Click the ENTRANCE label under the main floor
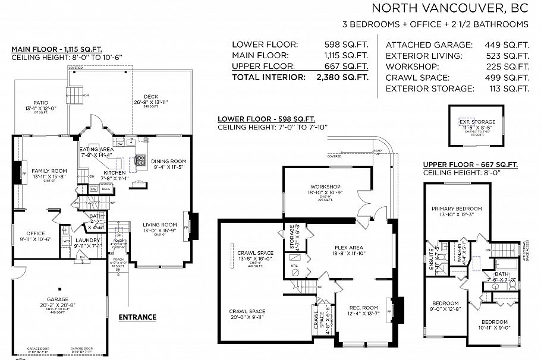pos(137,317)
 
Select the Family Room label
pos(49,170)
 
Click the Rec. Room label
pos(363,307)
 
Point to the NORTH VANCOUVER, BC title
pos(449,8)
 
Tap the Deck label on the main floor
pos(151,97)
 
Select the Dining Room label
pos(169,161)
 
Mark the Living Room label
pos(158,225)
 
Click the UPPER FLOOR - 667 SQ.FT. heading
pos(470,164)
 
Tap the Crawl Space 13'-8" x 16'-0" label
pos(246,252)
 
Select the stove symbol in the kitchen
pos(141,160)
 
